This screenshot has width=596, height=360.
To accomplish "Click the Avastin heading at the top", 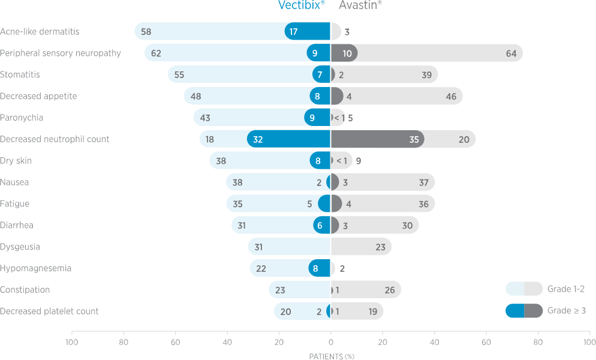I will click(x=360, y=5).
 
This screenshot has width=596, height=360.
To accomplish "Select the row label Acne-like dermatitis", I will click(x=40, y=31).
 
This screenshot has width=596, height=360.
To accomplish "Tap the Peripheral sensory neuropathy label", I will click(x=61, y=53).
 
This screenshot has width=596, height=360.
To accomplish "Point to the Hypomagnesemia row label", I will click(x=36, y=268).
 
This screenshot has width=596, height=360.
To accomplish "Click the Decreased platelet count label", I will click(x=49, y=311).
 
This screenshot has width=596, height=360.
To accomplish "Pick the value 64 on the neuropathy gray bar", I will click(x=511, y=53).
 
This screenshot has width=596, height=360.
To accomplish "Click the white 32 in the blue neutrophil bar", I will click(x=258, y=139).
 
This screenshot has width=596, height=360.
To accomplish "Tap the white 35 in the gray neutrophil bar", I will click(x=414, y=139).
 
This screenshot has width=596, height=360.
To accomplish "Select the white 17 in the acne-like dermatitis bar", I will click(x=293, y=32).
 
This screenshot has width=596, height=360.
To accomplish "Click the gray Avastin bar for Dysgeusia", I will click(x=360, y=247).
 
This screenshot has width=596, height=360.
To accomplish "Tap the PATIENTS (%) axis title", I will click(x=332, y=356).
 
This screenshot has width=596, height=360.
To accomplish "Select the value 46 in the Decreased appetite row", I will click(x=451, y=97).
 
